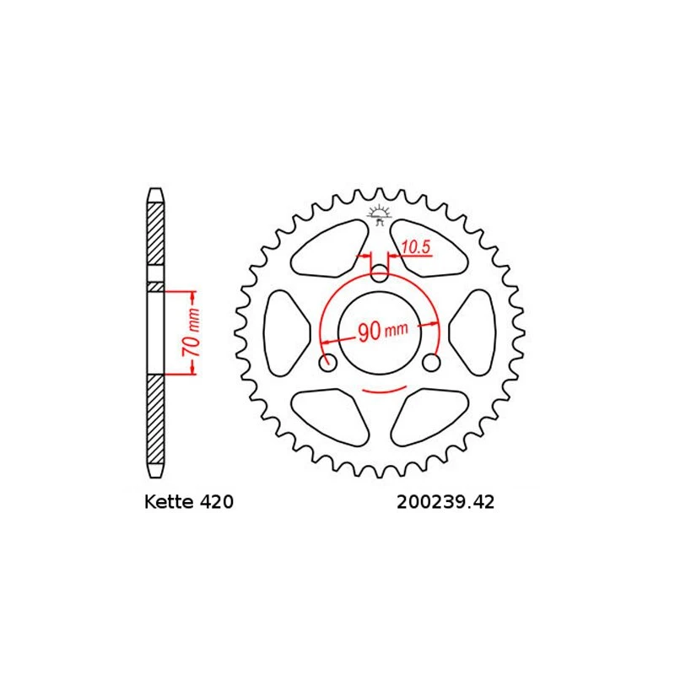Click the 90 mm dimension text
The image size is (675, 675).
(x=382, y=332)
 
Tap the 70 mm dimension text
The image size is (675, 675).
(x=192, y=333)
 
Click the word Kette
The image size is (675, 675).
(x=165, y=503)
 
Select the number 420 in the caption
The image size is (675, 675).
(x=215, y=503)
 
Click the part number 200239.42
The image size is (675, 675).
(x=444, y=503)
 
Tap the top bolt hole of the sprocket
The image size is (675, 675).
(x=380, y=273)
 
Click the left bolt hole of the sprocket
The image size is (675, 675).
(x=328, y=363)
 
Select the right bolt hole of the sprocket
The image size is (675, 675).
(x=432, y=363)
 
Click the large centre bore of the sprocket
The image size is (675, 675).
(x=380, y=332)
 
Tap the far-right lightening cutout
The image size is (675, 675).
(x=475, y=332)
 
